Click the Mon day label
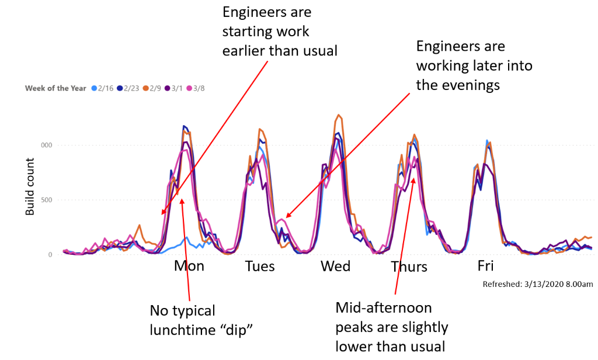(189, 266)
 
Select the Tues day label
(259, 266)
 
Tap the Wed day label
(335, 266)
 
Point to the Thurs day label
(409, 267)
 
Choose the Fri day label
(485, 266)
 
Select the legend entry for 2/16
(103, 88)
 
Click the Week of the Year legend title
(56, 88)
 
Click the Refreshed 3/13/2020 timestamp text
(538, 284)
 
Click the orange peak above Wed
(339, 116)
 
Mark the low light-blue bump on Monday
(186, 238)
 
